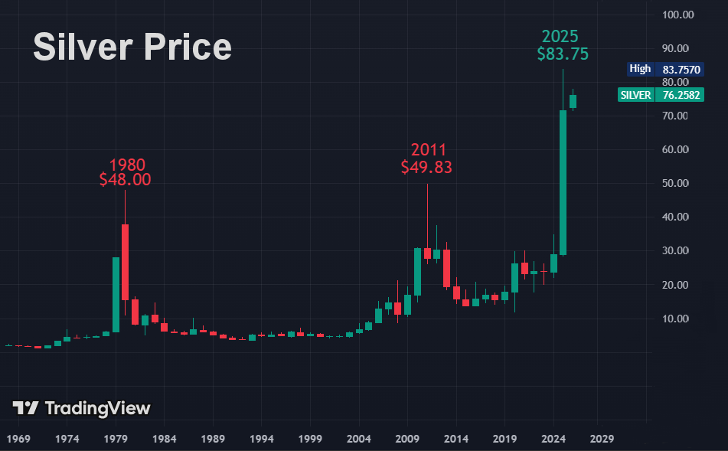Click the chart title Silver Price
(x=132, y=47)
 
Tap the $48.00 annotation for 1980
(x=125, y=180)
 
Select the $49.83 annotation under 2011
(x=426, y=167)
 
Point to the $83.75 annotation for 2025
(x=563, y=54)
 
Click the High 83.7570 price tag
(x=661, y=69)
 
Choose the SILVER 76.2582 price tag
(x=661, y=95)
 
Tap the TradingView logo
(x=82, y=408)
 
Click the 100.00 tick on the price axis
(x=679, y=15)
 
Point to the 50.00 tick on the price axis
(x=679, y=184)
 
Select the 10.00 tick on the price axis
(x=679, y=319)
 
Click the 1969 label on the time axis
(x=18, y=440)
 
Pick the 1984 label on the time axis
(x=165, y=440)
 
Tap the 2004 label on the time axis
(x=358, y=440)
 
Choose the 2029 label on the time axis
(x=601, y=440)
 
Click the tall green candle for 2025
(x=563, y=182)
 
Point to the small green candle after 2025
(x=573, y=101)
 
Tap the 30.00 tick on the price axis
(x=679, y=251)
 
